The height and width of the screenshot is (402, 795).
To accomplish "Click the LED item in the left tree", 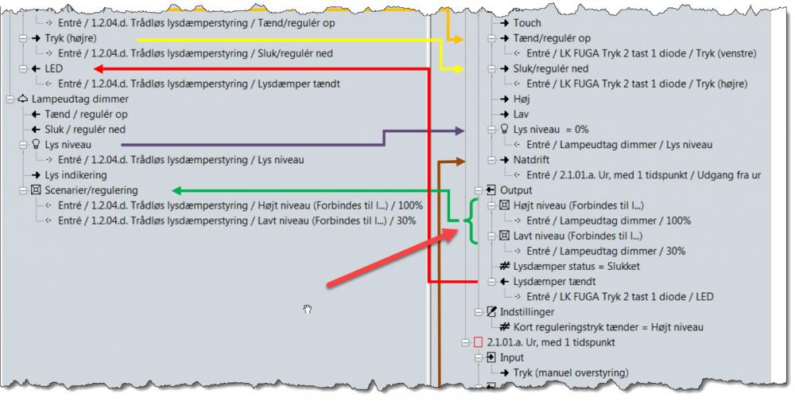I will (x=53, y=68).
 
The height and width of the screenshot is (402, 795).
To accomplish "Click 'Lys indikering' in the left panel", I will (x=76, y=174).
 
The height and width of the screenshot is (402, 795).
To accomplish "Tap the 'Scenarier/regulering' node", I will (x=91, y=190).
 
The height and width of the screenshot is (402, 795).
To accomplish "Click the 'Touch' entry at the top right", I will (x=526, y=23).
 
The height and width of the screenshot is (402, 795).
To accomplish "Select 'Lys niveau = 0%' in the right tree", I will (x=550, y=129).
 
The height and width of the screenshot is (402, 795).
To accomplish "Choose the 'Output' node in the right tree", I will (x=516, y=190).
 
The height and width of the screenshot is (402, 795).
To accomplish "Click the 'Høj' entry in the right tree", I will (x=522, y=99).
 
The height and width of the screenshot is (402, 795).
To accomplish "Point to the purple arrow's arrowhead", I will (x=460, y=130).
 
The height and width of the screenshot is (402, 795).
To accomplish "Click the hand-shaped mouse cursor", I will (x=307, y=309).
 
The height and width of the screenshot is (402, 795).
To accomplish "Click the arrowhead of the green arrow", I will (x=176, y=190).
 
